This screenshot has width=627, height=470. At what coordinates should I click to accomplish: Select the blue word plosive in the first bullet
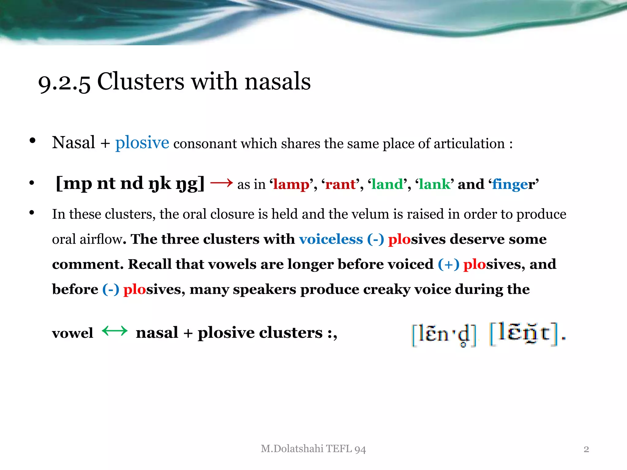(x=142, y=143)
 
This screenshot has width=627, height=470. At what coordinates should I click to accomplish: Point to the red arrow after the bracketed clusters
(x=221, y=183)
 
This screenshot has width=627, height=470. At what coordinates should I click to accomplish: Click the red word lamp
(x=291, y=185)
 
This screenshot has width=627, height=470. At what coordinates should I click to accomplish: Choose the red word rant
(x=340, y=185)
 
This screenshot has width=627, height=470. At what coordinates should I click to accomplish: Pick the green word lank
(x=435, y=185)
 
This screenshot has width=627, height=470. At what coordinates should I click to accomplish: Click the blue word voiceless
(x=331, y=239)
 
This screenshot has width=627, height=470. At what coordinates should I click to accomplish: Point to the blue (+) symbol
(x=449, y=264)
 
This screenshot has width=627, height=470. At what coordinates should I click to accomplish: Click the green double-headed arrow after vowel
(x=115, y=331)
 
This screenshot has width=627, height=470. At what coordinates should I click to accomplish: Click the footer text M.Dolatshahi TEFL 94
(x=313, y=449)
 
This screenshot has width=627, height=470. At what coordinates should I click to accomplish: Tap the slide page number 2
(x=586, y=449)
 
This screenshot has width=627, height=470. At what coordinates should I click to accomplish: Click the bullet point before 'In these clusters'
(x=32, y=213)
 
